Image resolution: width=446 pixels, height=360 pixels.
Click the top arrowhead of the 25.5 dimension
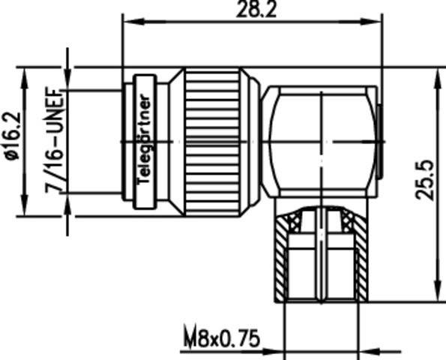(436, 73)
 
